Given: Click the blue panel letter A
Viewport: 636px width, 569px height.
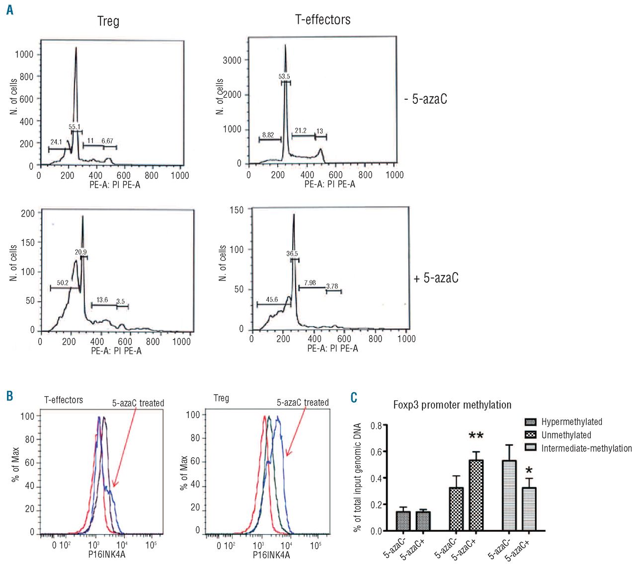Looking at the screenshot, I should (9, 9).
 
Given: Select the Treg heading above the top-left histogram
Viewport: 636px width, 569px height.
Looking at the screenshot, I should (108, 21).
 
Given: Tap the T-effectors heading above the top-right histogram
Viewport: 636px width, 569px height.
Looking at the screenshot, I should (323, 20).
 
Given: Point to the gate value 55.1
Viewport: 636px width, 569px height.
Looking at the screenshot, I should (75, 127).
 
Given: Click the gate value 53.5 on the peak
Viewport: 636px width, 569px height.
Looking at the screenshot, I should (284, 77).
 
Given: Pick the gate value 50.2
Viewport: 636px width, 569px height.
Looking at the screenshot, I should (63, 283).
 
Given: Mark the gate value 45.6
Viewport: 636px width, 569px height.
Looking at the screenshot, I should (272, 299).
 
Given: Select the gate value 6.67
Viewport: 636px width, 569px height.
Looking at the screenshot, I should (107, 141).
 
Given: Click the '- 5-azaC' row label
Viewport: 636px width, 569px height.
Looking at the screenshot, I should (426, 99).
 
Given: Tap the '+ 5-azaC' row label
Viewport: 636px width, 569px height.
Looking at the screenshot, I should (436, 278).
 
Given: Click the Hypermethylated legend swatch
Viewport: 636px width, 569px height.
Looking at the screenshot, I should (531, 422).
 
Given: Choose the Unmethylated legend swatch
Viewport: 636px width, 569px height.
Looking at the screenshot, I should (531, 435).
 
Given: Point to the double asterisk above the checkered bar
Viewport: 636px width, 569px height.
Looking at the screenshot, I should (476, 436).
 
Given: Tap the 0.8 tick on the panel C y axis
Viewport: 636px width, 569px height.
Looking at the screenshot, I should (376, 426).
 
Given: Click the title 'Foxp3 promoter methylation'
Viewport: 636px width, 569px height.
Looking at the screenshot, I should (452, 405).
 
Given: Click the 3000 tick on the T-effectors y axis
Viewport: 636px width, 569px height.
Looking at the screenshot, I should (232, 61).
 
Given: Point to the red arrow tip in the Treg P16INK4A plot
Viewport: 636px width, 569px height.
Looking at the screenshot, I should (287, 455).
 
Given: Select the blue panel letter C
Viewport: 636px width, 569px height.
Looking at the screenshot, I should (354, 397).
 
